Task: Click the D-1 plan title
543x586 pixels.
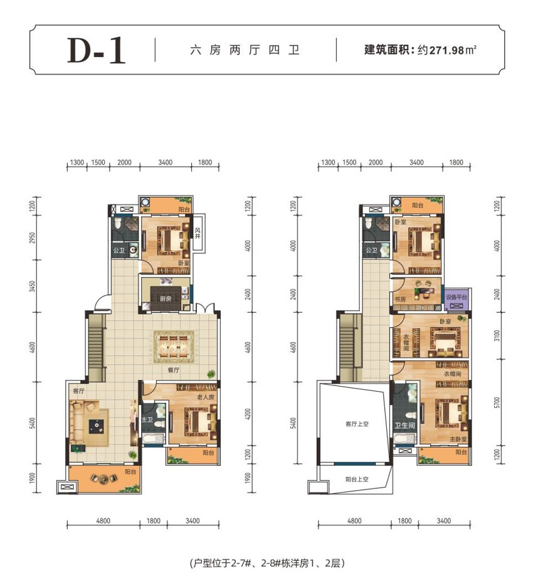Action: pyautogui.click(x=97, y=50)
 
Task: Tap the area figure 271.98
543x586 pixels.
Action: pyautogui.click(x=446, y=50)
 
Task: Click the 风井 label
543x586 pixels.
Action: pyautogui.click(x=197, y=237)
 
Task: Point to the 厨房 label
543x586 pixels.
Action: pyautogui.click(x=166, y=299)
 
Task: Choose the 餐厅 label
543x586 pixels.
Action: pyautogui.click(x=174, y=370)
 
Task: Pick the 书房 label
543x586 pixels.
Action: pyautogui.click(x=399, y=300)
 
